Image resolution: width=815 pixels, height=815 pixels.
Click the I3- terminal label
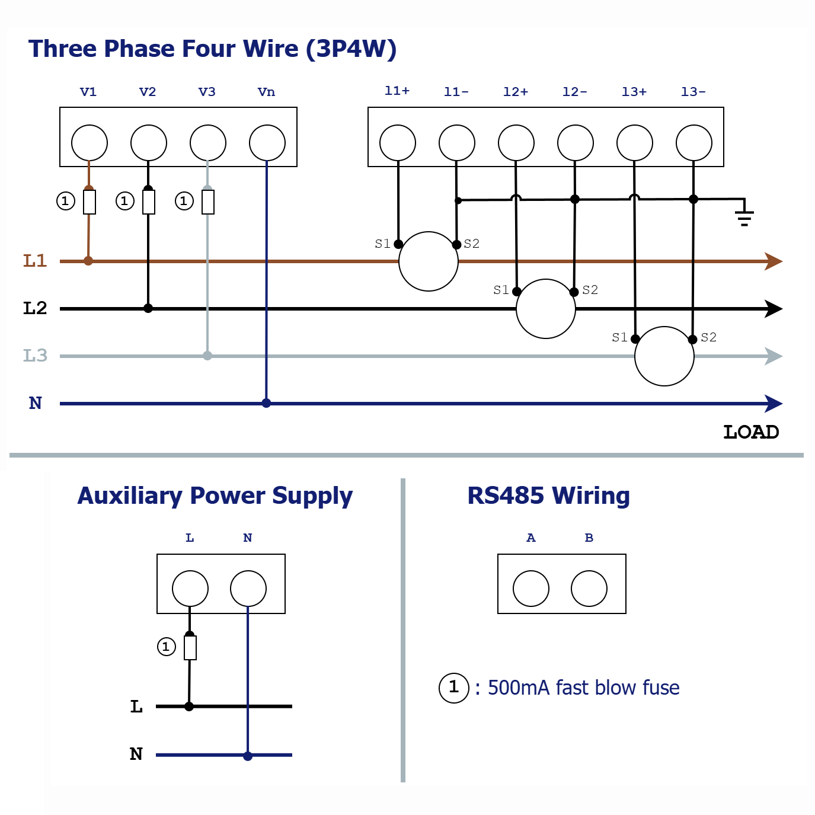coord(693,91)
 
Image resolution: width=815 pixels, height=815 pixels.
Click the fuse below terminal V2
coord(148,202)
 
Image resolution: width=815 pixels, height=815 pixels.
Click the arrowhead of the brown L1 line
coord(774,261)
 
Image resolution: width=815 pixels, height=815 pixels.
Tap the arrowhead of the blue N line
coord(774,403)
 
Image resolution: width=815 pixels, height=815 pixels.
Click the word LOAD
coord(751,432)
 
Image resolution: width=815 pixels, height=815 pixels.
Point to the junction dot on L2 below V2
coord(148,308)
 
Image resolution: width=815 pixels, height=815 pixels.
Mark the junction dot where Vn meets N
coord(266,402)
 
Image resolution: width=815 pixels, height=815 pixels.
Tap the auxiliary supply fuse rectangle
coord(190,647)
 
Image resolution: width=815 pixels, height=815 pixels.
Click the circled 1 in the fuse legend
coord(454,688)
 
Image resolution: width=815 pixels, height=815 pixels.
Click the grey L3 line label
coord(35,356)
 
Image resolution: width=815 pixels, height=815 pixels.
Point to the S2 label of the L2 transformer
coord(590,290)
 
